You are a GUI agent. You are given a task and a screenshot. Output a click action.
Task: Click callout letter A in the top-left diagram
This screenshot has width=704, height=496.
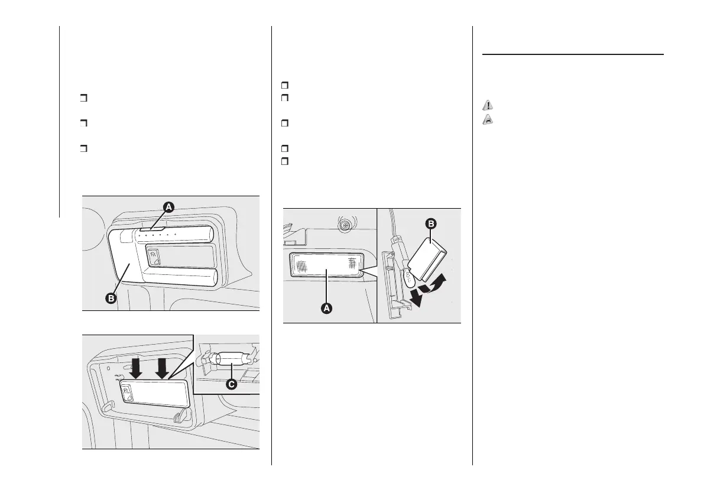coord(168,207)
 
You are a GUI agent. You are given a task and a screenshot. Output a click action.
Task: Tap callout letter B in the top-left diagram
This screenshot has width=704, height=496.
coord(111,299)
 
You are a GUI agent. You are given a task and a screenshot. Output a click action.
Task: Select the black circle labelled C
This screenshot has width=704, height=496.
coord(231,384)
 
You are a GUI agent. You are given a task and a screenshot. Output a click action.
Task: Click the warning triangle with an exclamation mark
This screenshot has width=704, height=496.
coord(487,105)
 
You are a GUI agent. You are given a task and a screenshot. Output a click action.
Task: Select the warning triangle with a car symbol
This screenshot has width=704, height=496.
coord(487,118)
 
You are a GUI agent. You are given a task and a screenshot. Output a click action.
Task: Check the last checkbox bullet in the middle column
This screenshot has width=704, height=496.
coord(284,161)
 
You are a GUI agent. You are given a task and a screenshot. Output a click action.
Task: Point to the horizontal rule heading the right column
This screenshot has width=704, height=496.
coord(573,54)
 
